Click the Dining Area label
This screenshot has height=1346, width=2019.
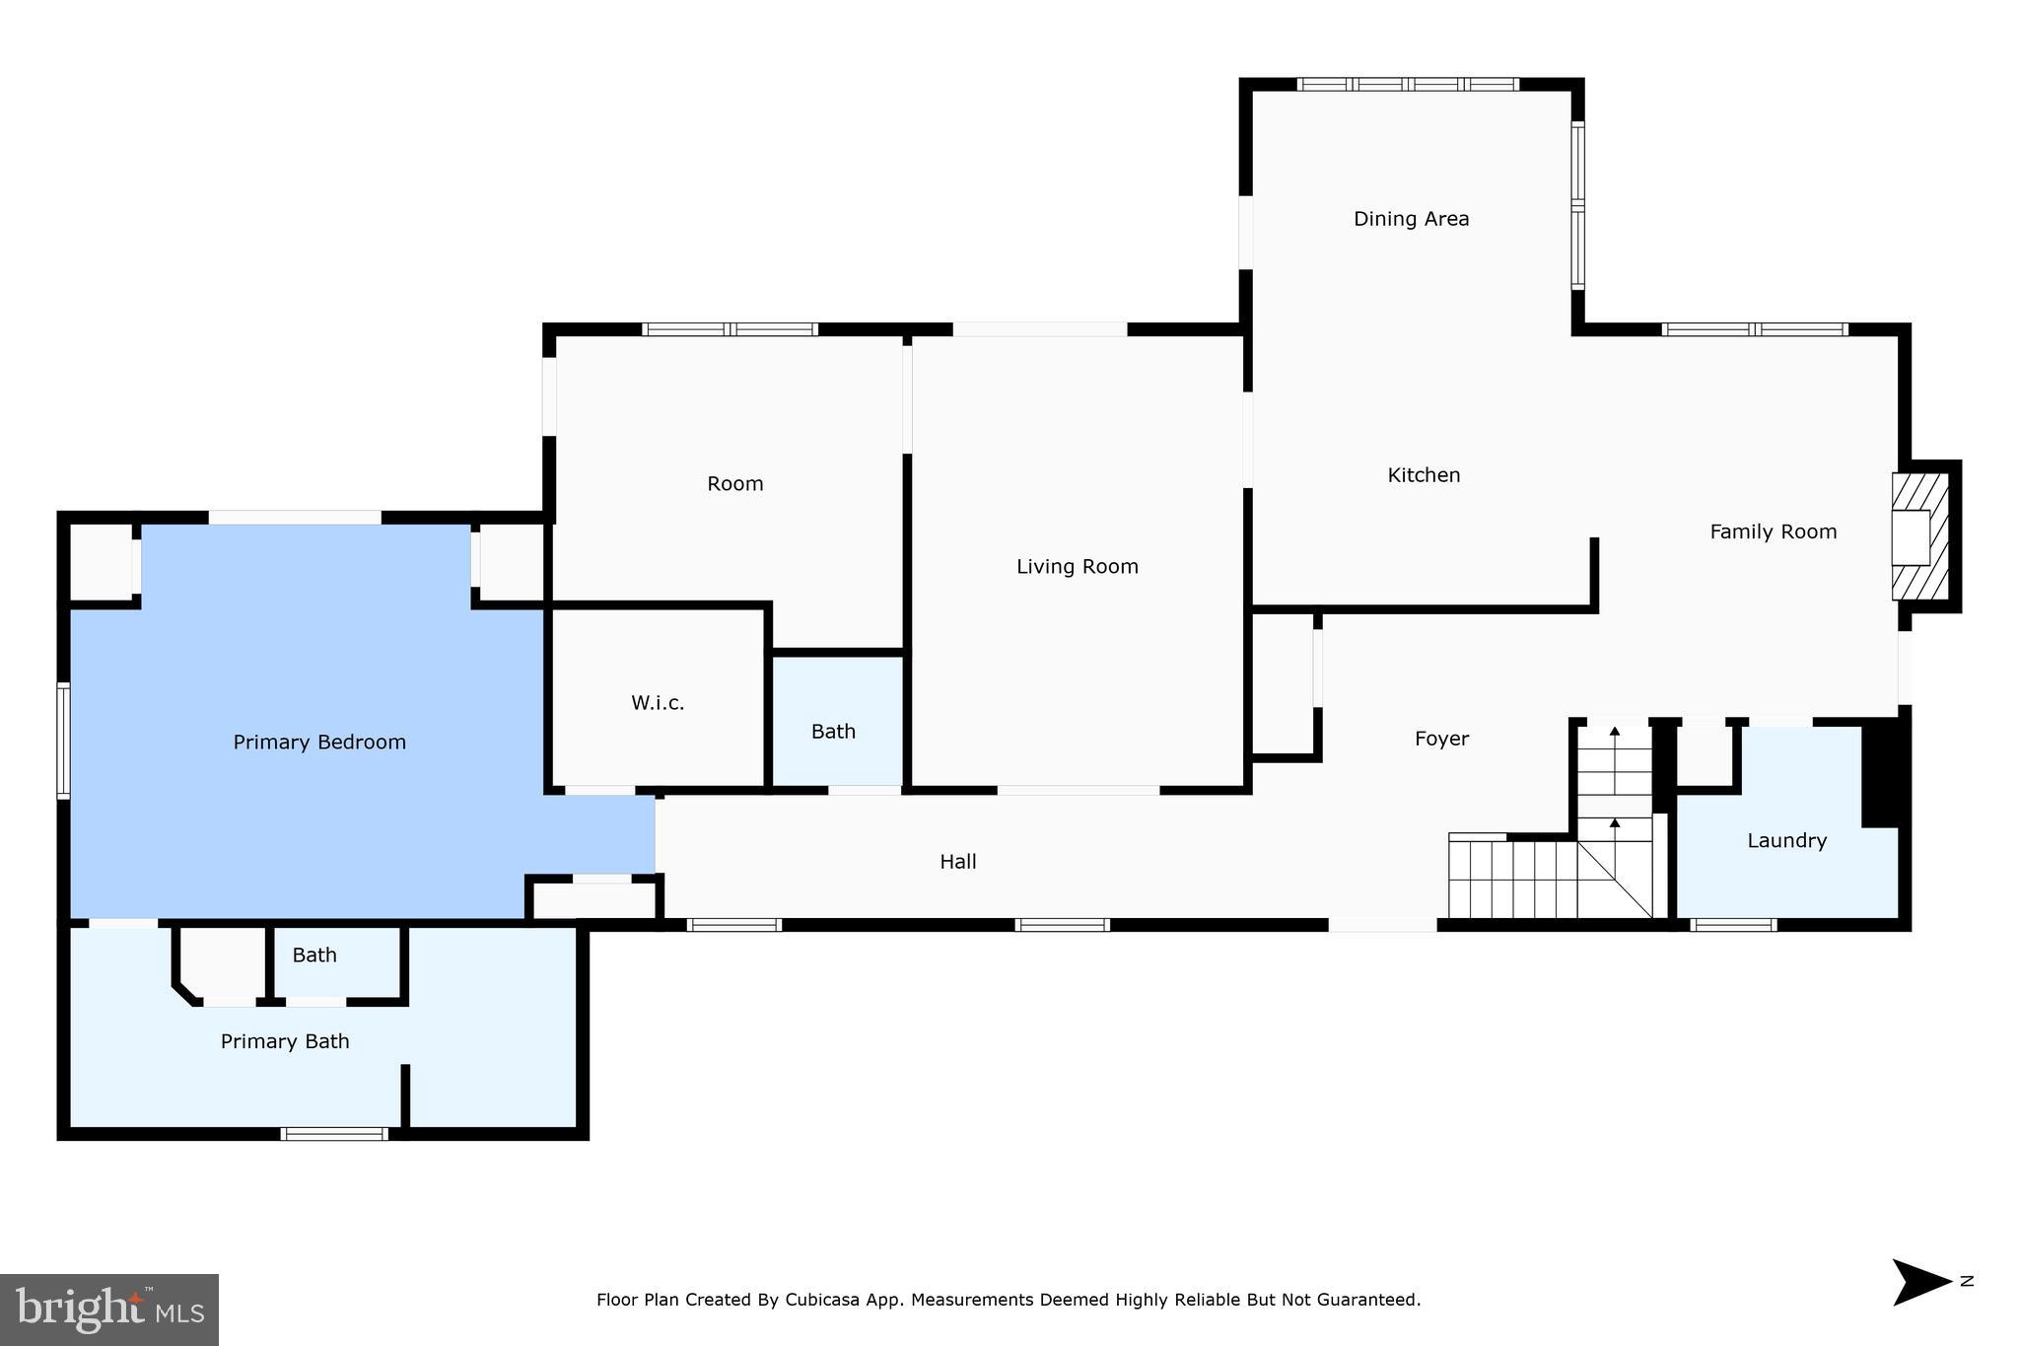1411,219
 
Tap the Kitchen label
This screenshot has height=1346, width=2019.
1424,475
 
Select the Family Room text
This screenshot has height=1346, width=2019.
1773,532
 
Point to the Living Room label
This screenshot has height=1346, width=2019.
1077,567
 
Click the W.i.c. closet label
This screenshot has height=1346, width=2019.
658,703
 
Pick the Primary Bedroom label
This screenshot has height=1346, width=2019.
319,743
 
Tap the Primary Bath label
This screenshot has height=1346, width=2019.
285,1042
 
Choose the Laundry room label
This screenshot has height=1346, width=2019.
1786,841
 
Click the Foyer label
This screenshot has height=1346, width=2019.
1441,740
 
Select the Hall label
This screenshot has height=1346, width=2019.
957,862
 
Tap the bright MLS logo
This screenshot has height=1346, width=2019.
109,1310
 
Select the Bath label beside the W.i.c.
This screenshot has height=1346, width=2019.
833,732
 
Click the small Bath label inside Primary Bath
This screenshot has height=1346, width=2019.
314,956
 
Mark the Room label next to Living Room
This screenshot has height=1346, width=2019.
734,484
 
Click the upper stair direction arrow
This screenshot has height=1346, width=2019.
1615,732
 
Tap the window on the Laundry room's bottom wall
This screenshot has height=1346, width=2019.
1733,925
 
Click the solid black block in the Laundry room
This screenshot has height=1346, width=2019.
1880,773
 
